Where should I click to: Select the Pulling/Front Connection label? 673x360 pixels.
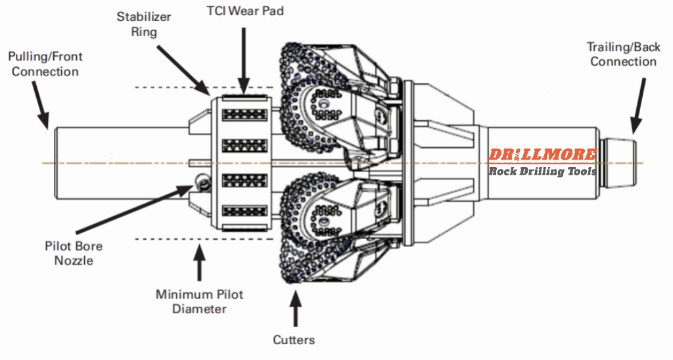[45, 64]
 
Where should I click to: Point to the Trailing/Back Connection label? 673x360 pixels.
[622, 54]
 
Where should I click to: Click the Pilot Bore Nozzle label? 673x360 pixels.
[74, 254]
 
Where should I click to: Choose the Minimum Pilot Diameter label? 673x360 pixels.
[199, 301]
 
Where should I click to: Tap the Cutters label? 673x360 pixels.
[294, 340]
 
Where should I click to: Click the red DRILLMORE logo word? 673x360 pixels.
[542, 155]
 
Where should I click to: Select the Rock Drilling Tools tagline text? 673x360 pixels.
[542, 171]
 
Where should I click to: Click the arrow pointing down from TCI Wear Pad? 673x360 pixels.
[244, 60]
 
